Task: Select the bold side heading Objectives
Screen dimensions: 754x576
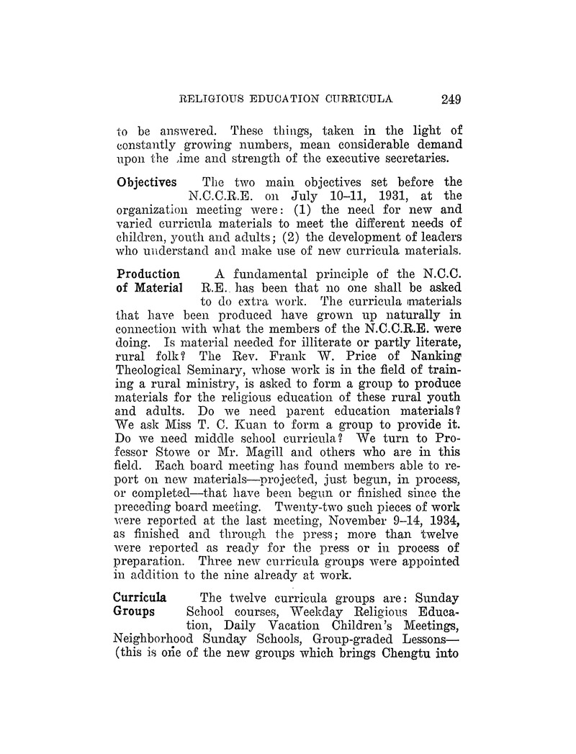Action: tap(146, 183)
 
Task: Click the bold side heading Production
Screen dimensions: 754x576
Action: tap(148, 274)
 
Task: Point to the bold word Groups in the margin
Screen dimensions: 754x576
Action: tap(135, 611)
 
